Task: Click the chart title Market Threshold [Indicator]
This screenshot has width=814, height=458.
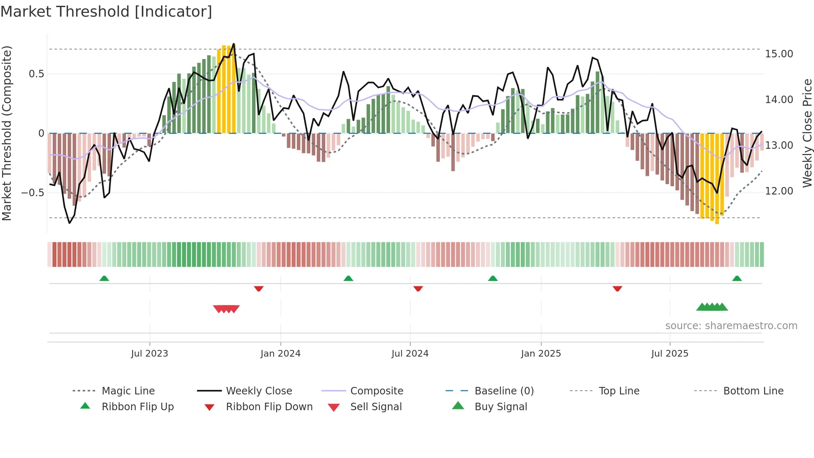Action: [x=106, y=12]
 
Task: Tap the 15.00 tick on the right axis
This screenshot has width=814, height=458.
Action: [x=779, y=54]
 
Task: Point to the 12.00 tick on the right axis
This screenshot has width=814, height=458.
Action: [x=779, y=191]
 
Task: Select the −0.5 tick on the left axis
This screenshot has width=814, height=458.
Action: [x=32, y=193]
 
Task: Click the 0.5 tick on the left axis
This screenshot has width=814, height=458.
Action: [x=36, y=74]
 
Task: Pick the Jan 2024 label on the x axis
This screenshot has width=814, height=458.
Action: [x=280, y=354]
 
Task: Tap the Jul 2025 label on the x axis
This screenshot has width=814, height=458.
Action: [x=669, y=354]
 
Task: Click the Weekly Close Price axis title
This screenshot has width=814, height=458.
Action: [x=807, y=133]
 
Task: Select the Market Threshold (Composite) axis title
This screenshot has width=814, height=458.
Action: [x=7, y=133]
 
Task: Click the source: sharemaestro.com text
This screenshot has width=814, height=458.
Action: [x=731, y=326]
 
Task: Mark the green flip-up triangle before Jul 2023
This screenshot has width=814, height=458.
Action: [x=104, y=278]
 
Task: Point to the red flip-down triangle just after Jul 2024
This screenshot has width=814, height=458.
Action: [x=418, y=288]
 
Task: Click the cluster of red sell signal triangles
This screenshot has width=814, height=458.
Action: [x=226, y=309]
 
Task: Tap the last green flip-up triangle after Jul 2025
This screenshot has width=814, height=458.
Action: [x=737, y=278]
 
